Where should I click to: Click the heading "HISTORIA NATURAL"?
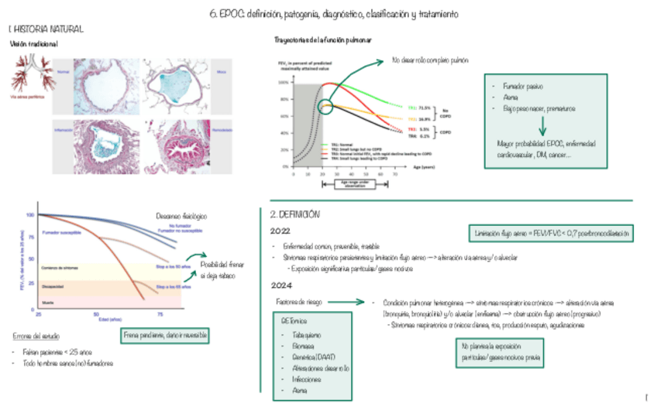pyautogui.click(x=47, y=29)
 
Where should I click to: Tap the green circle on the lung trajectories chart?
pyautogui.click(x=326, y=104)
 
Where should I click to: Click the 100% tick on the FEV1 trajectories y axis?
pyautogui.click(x=284, y=82)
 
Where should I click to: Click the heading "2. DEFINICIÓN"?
pyautogui.click(x=295, y=214)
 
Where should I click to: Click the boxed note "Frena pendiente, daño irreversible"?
pyautogui.click(x=165, y=336)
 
